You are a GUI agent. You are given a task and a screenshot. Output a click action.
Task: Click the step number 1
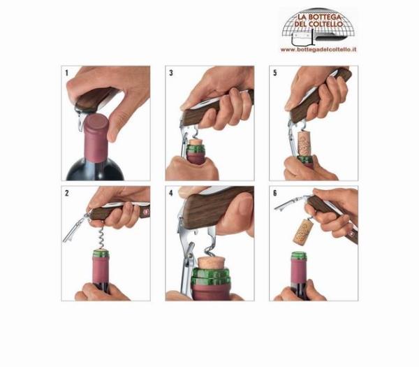[x=67, y=73]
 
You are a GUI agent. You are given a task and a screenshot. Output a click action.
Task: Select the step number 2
[x=67, y=193]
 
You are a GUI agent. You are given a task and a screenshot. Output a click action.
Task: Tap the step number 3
[x=171, y=73]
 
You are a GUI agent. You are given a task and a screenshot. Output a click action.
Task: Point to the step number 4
[x=171, y=193]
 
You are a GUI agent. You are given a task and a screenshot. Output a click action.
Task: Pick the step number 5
[x=275, y=73]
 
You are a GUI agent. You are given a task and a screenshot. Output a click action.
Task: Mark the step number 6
[x=275, y=193]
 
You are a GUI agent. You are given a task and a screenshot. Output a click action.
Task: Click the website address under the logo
[x=318, y=50]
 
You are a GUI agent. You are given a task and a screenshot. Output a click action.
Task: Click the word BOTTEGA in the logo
[x=325, y=17]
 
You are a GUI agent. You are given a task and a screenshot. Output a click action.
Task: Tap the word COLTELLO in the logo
[x=325, y=24]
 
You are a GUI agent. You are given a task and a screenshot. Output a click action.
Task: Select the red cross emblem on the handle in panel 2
[x=146, y=211]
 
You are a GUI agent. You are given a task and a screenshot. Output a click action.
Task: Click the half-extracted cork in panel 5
[x=304, y=144]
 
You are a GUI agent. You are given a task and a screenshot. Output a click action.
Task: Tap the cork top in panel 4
[x=210, y=262]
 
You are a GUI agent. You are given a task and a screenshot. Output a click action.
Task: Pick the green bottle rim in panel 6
[x=299, y=256]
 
